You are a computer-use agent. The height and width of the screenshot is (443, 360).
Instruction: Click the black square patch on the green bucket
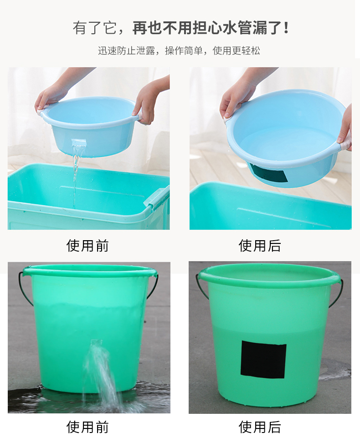point(263,360)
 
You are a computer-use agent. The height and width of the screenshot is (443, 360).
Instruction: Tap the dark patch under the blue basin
point(269,173)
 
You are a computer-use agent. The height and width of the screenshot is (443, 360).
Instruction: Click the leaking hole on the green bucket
point(96,342)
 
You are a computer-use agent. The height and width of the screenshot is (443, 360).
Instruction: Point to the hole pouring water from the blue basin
point(78,143)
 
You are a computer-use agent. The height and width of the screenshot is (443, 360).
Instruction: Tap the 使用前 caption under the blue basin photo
point(87,246)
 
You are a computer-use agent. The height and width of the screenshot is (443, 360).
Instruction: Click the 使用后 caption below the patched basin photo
point(260,246)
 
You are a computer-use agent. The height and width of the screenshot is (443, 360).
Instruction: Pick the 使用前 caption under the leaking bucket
point(87,427)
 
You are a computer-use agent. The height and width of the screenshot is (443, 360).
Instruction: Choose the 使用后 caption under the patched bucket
point(260,427)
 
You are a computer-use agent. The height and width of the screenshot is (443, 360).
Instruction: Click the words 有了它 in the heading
point(94,28)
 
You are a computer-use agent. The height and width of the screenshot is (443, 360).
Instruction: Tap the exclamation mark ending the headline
point(286,28)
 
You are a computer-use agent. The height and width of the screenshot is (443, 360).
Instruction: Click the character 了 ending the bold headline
point(274,28)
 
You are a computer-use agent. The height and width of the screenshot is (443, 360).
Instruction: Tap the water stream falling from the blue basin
point(76,176)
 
